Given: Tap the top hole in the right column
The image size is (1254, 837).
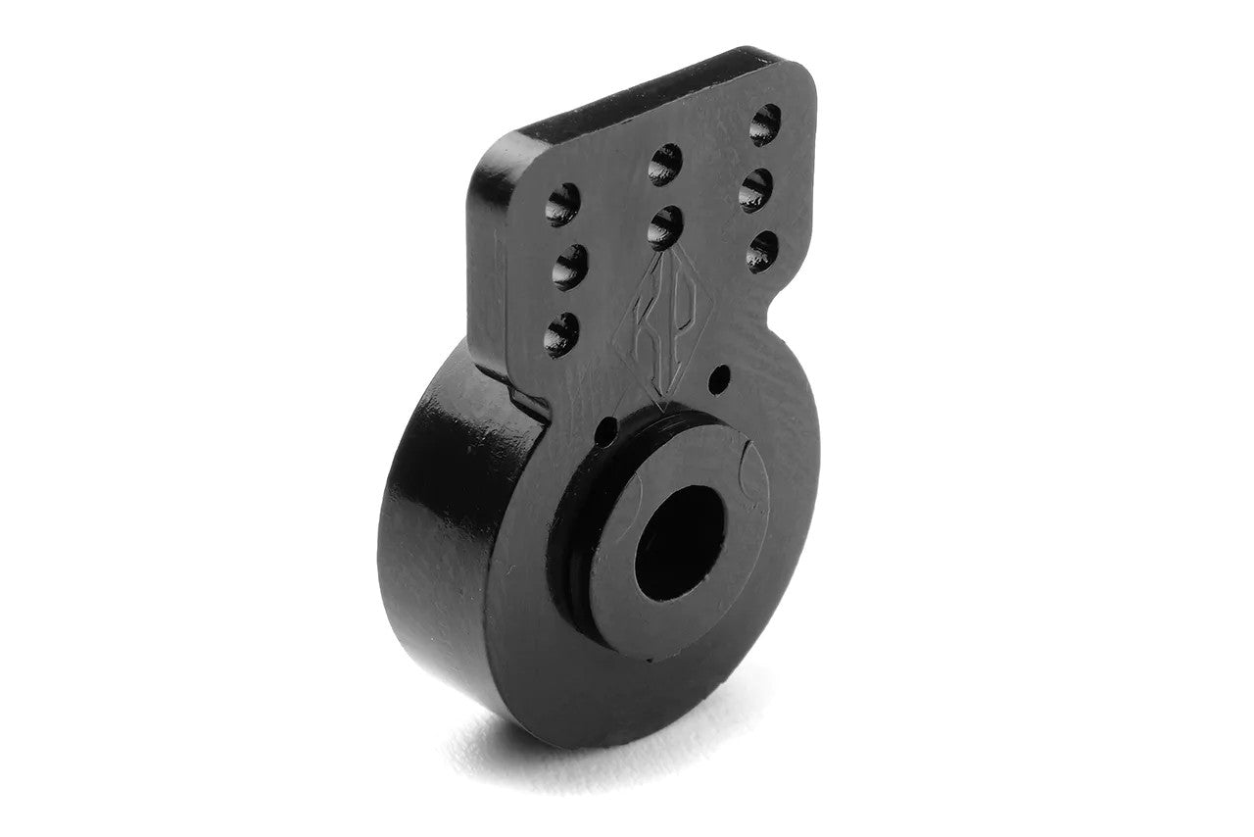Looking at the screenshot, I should (x=764, y=124).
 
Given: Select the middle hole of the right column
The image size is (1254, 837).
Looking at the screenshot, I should (x=755, y=190).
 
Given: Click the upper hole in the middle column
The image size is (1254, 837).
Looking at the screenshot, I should (x=665, y=164).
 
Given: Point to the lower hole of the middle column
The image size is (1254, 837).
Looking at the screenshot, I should (x=665, y=227).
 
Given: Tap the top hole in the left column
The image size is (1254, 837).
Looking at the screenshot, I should (x=563, y=204).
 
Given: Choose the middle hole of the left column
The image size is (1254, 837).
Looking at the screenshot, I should (x=569, y=267).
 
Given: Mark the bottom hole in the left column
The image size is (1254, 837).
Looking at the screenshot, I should (x=561, y=333).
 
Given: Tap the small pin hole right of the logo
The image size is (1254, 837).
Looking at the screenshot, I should (x=722, y=374).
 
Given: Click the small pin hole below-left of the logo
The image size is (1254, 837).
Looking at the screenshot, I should (x=606, y=429).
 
